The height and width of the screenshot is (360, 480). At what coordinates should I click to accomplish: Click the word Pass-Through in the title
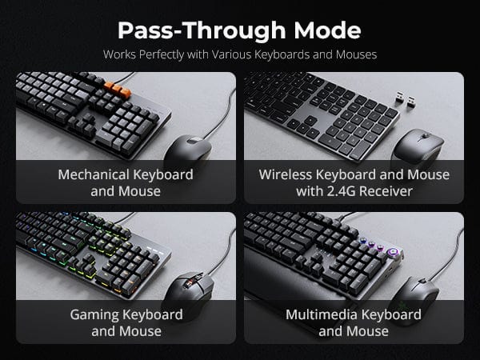[x=202, y=31]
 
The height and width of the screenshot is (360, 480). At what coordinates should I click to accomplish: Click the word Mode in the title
[x=327, y=30]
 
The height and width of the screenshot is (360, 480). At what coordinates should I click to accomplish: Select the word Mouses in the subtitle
[x=356, y=54]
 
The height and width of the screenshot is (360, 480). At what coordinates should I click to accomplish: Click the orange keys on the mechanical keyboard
[x=118, y=89]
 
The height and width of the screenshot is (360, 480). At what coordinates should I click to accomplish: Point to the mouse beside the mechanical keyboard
[x=187, y=151]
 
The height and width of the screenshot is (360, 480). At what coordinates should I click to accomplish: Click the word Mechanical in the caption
[x=94, y=174]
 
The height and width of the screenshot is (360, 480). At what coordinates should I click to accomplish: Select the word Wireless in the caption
[x=286, y=174]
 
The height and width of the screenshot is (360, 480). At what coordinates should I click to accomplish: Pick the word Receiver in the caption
[x=386, y=192]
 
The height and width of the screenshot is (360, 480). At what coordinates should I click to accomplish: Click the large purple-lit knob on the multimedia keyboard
[x=392, y=253]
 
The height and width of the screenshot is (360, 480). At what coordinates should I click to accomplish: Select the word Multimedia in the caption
[x=321, y=314]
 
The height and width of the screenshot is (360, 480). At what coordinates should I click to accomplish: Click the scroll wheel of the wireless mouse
[x=424, y=136]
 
